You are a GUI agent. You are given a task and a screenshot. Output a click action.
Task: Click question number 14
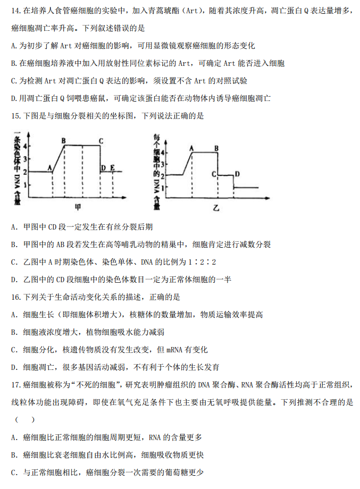coord(15,11)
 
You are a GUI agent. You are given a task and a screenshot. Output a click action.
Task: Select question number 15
coord(15,115)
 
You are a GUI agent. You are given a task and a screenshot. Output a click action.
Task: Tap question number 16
coord(15,297)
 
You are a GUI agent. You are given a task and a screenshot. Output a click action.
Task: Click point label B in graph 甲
coord(63,141)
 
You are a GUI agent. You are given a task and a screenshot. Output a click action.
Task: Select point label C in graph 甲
coord(101,141)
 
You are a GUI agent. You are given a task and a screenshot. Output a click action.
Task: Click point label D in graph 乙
coord(237,174)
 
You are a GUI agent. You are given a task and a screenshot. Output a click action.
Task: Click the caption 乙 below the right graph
coord(216,208)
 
